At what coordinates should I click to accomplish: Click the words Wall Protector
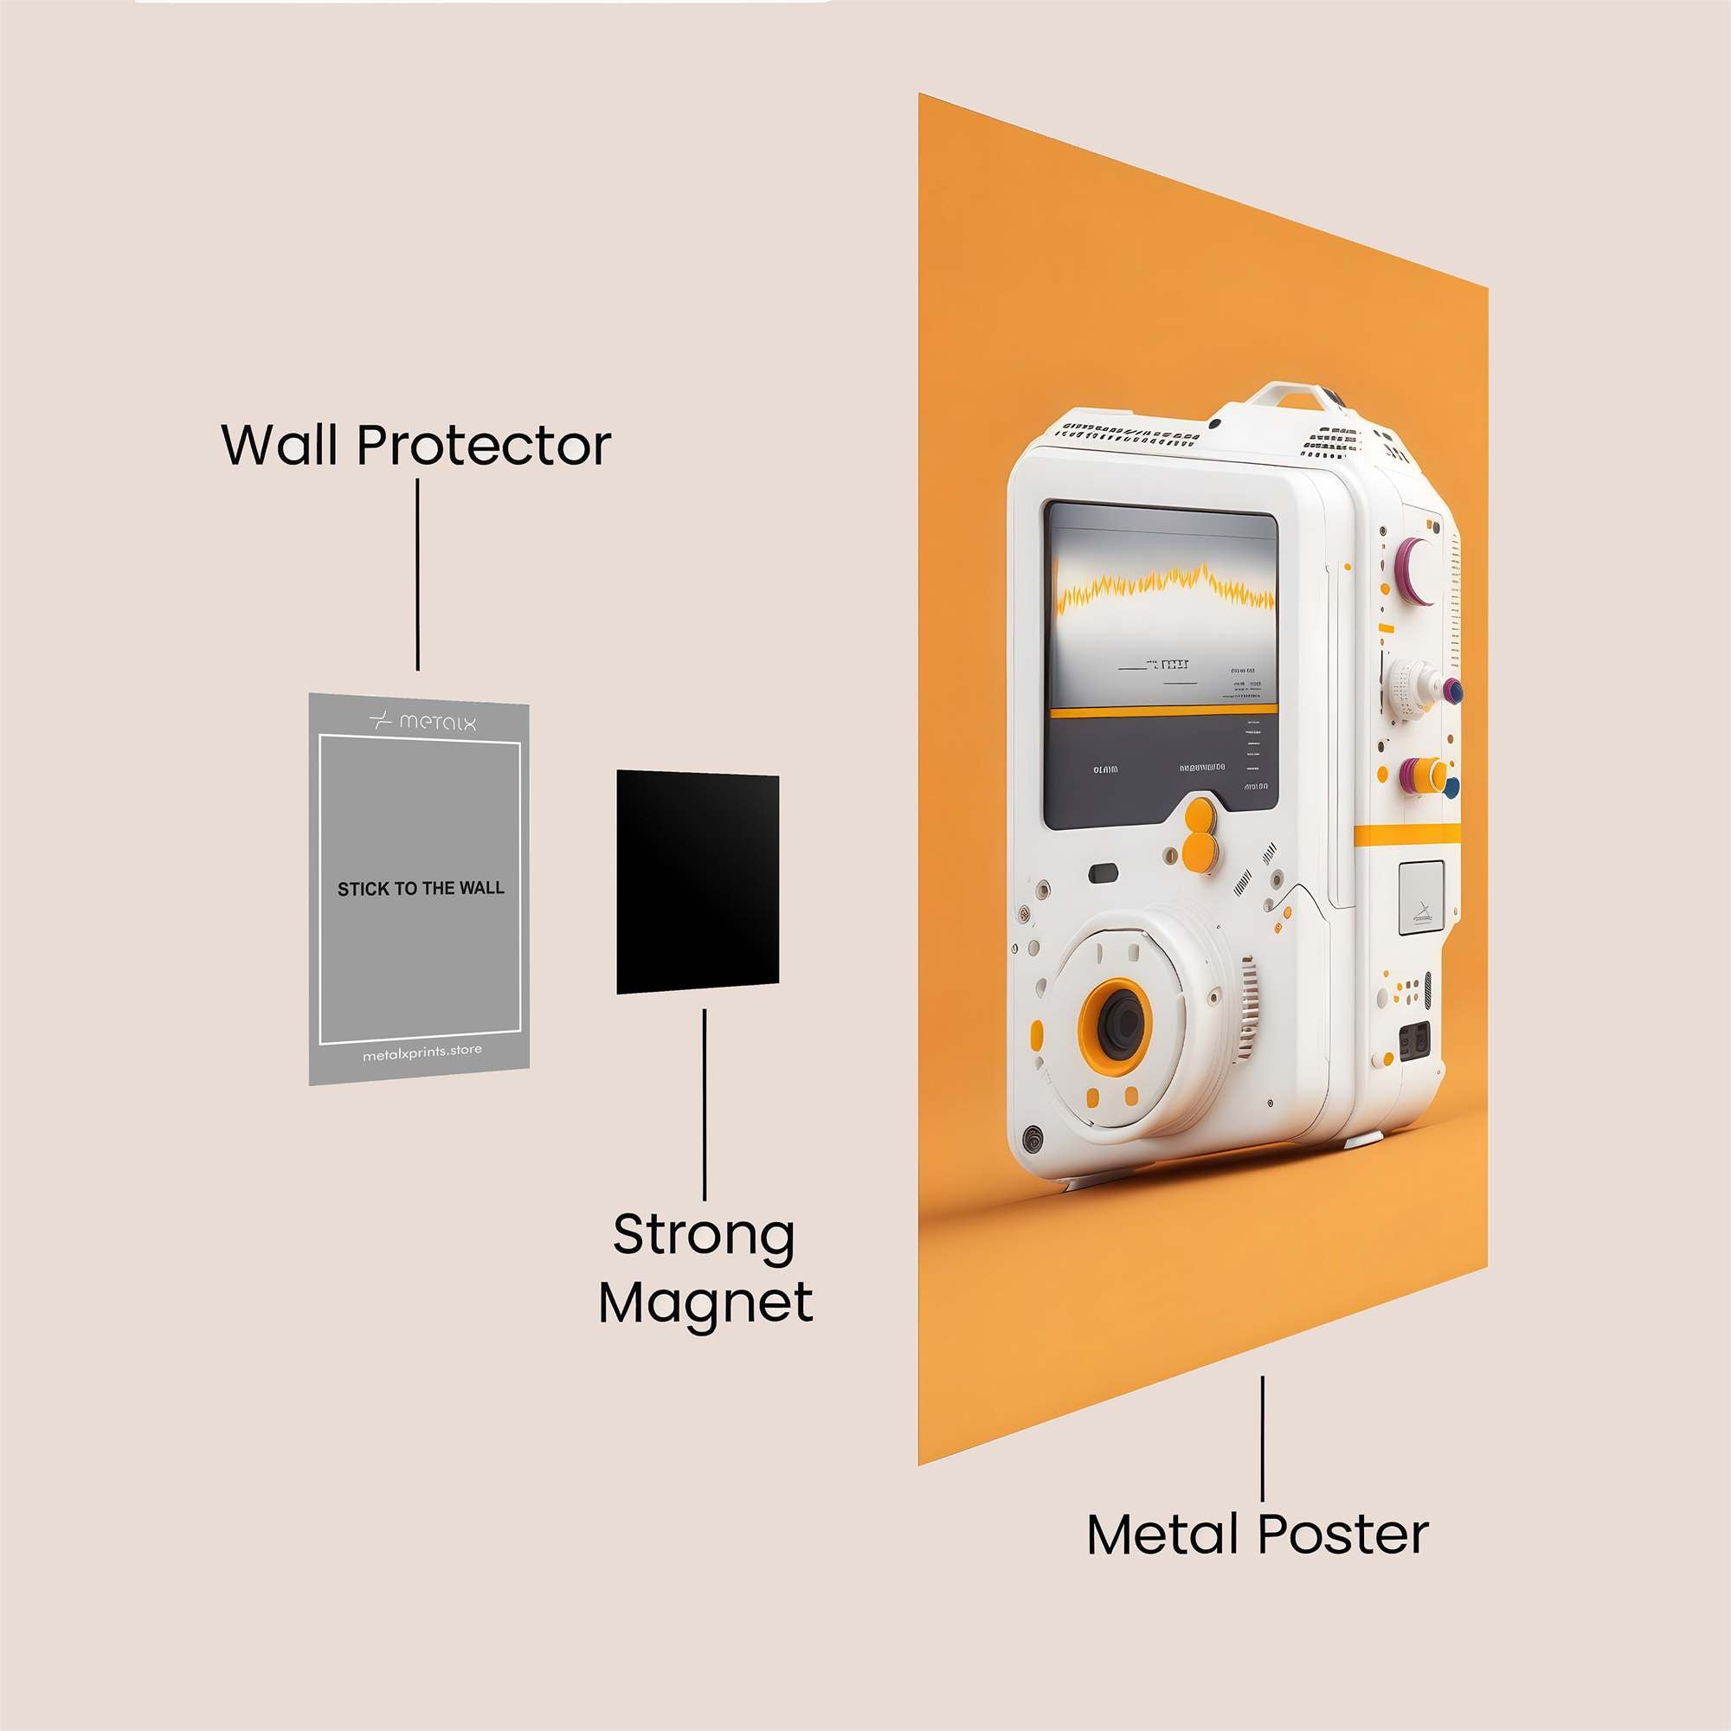pos(415,444)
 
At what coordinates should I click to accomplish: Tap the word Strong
pos(705,1236)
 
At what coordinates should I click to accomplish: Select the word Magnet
pos(706,1303)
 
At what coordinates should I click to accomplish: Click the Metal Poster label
pos(1257,1534)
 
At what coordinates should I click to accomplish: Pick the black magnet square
pos(697,882)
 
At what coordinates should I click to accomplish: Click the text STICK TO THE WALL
pos(421,889)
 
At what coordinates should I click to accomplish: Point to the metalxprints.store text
pos(422,1052)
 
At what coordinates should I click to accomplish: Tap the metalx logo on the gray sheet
pos(423,721)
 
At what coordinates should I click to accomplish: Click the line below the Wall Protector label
pos(417,575)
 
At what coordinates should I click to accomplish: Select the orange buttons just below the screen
pos(1199,833)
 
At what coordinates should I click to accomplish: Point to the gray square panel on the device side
pos(1421,898)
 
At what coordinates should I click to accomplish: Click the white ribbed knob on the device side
pos(1414,687)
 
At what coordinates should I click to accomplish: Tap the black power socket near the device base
pos(1415,1041)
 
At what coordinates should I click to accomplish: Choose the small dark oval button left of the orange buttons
pos(1103,872)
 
